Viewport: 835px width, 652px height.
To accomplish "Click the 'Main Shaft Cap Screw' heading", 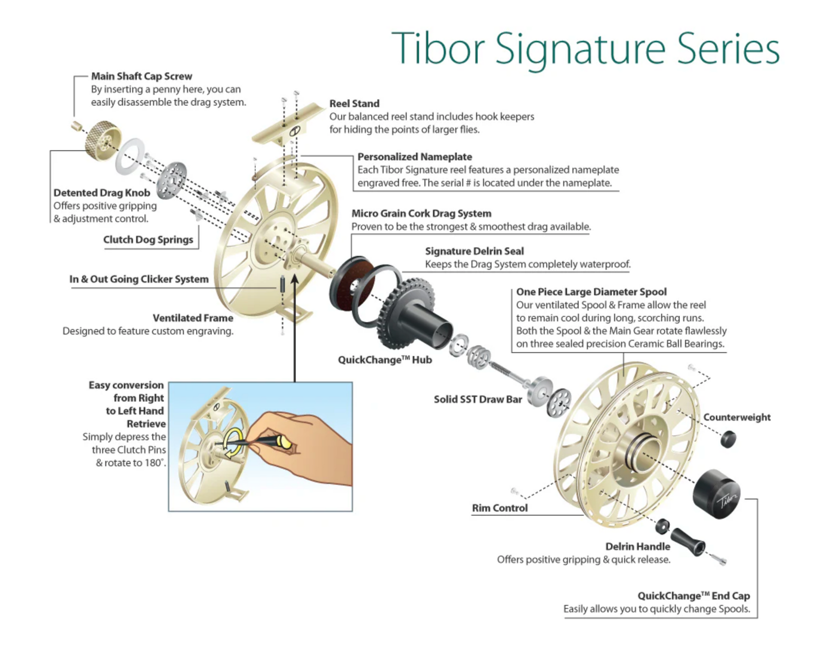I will click(x=142, y=76).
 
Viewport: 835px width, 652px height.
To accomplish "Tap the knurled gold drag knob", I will click(x=101, y=140).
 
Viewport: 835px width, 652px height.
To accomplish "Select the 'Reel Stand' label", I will click(x=354, y=103).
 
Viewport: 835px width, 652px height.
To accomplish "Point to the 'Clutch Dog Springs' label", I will click(x=148, y=239).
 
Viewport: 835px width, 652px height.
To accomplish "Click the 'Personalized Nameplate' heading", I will click(x=414, y=157).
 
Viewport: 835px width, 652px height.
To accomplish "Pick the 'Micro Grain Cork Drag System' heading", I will click(x=421, y=213).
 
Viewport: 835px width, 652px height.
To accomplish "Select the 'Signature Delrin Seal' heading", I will click(x=474, y=251).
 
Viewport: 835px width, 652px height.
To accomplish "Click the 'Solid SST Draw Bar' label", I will click(x=478, y=399).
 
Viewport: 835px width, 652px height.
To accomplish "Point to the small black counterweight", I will click(x=728, y=439).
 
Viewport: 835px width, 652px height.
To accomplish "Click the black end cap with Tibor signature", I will click(x=716, y=494).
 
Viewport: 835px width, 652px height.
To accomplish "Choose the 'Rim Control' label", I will click(x=499, y=508).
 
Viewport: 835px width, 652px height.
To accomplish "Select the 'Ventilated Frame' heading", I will click(x=193, y=318).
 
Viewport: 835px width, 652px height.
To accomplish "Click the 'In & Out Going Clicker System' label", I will click(x=139, y=279).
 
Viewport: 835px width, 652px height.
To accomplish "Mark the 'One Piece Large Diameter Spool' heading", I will click(x=591, y=292).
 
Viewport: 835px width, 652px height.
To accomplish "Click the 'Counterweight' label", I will click(x=737, y=417).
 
